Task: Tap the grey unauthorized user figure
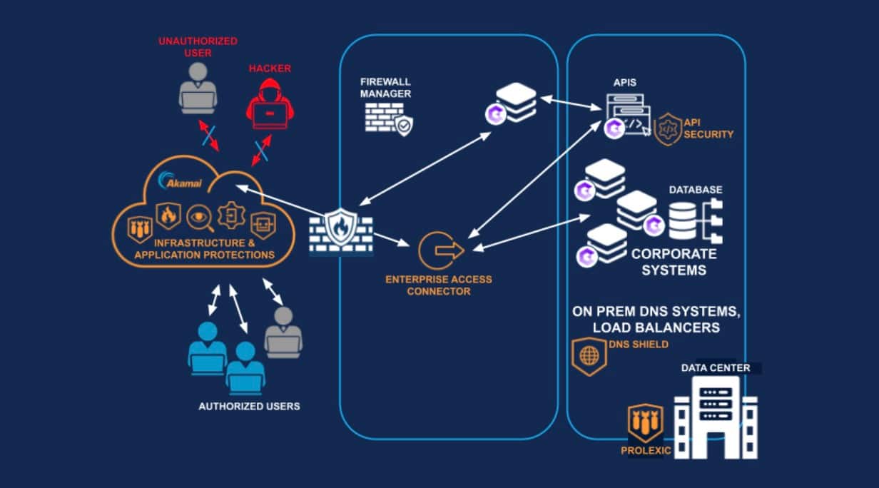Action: (x=198, y=88)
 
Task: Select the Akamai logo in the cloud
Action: (x=181, y=181)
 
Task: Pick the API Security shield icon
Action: (x=669, y=129)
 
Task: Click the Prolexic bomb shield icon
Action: (x=645, y=423)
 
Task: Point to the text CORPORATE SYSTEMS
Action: (x=674, y=262)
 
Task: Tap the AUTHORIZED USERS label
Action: (x=249, y=406)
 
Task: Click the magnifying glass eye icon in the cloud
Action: (x=200, y=218)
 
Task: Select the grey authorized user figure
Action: (x=283, y=332)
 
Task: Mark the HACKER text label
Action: (x=270, y=68)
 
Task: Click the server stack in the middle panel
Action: (x=515, y=103)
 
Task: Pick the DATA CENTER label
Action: (x=716, y=368)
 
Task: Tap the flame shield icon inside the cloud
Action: (x=168, y=215)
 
